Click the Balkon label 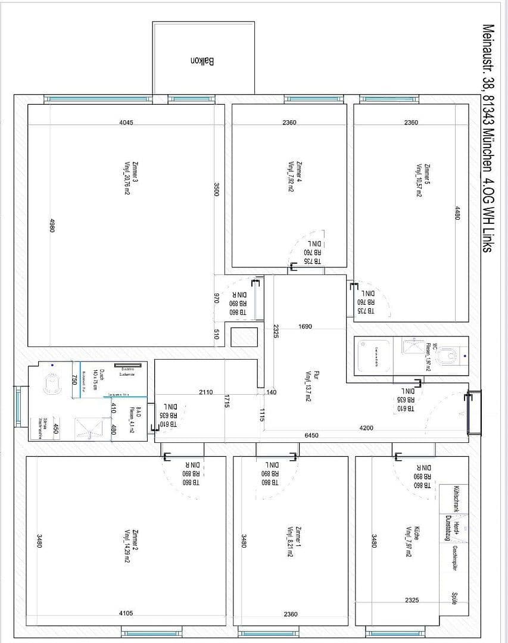[203, 61]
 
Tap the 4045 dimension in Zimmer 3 [126, 123]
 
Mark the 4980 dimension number [52, 226]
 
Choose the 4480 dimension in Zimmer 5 [457, 214]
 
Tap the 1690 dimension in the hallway [305, 326]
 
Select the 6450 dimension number [311, 435]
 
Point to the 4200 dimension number [367, 427]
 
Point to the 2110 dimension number [205, 392]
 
